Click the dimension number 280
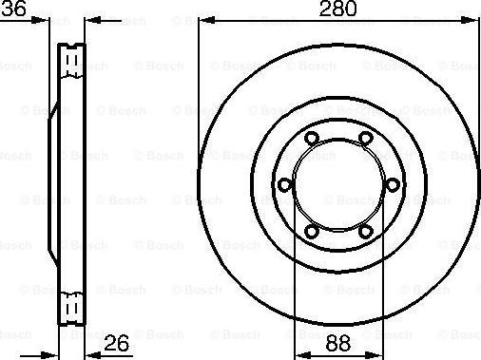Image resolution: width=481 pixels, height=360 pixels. tap(338, 10)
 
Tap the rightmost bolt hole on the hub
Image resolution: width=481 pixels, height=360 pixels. tap(392, 184)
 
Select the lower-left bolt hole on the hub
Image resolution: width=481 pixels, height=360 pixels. tap(313, 230)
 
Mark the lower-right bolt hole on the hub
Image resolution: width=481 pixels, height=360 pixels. tap(365, 230)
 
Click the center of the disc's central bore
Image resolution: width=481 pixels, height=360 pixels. tap(338, 184)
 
